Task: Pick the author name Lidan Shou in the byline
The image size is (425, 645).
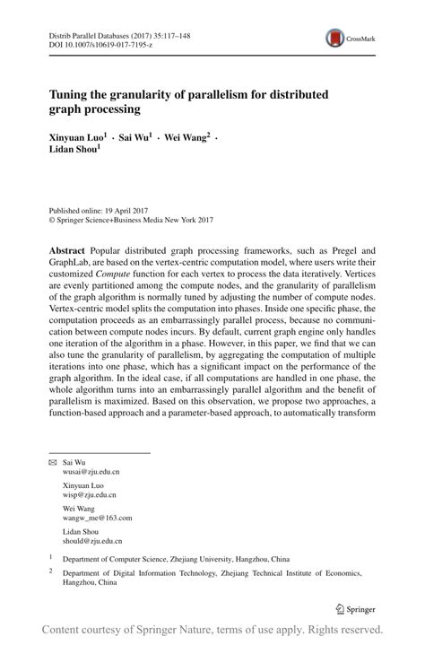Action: [x=73, y=153]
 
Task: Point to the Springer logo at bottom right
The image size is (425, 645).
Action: [x=357, y=609]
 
